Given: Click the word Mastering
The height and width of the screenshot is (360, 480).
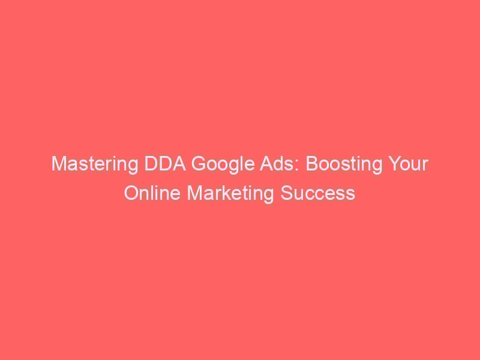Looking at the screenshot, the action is tap(95, 164).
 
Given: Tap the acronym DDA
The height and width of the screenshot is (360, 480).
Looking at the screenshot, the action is tap(165, 163).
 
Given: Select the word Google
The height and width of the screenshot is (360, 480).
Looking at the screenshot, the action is tap(223, 164).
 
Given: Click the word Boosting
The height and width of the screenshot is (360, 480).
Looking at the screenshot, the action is tap(344, 164).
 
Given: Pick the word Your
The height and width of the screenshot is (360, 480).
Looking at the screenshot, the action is tap(408, 163).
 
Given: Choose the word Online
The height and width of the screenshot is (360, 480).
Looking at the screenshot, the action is tap(152, 193).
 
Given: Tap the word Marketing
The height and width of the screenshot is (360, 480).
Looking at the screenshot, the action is tap(230, 194).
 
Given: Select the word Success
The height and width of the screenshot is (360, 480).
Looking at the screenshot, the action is tap(318, 193).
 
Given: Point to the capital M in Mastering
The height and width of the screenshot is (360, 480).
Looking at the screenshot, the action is tap(59, 163).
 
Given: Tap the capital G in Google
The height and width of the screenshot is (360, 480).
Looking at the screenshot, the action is tap(199, 163).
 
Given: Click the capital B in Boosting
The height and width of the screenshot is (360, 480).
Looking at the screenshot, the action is tap(312, 163).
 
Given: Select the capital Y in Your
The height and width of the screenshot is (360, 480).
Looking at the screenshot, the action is tap(395, 163).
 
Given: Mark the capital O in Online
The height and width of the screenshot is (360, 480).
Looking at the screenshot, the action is tap(131, 193).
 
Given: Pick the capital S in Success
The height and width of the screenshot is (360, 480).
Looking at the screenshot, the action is tap(287, 193).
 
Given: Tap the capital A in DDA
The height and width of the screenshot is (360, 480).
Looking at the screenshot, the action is tap(179, 163).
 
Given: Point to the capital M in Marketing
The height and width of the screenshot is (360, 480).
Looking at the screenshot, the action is tap(194, 193).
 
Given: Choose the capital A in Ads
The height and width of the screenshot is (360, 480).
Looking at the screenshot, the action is tap(267, 163).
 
